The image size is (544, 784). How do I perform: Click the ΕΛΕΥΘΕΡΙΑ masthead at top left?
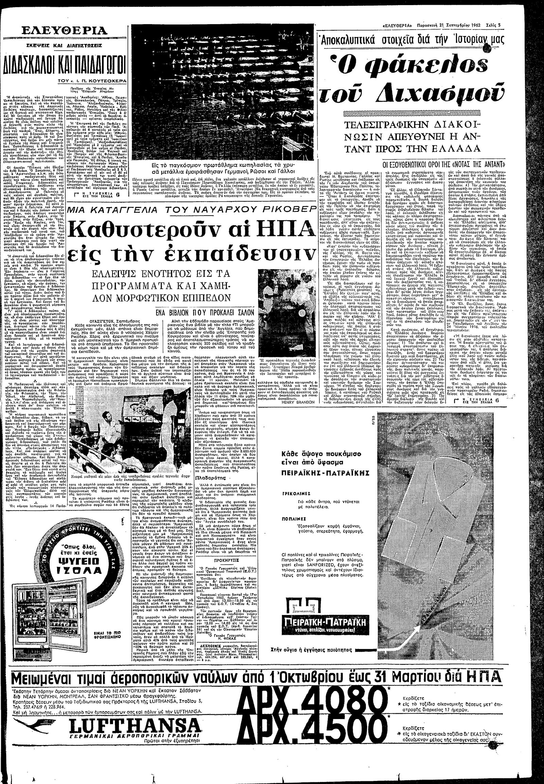tap(64, 32)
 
